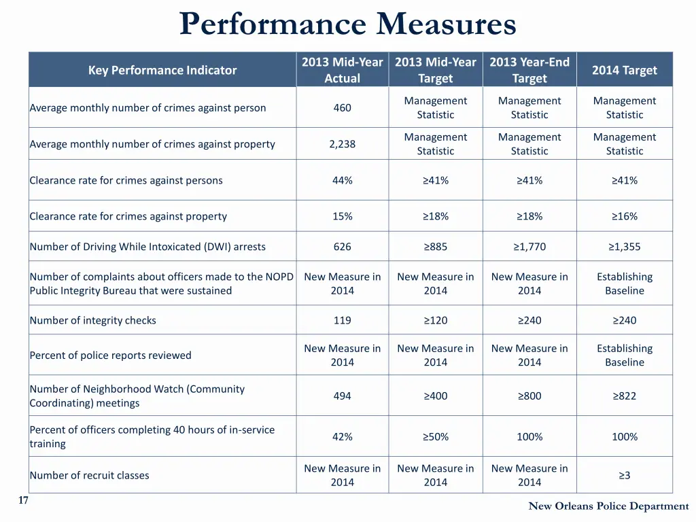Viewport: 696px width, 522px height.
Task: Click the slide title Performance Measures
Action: pos(348,25)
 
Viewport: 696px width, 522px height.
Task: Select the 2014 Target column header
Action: pos(624,70)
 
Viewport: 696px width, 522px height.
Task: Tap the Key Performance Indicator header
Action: pos(162,70)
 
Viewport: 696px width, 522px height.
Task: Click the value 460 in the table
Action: pos(342,107)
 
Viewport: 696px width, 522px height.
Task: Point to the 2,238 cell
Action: pos(342,144)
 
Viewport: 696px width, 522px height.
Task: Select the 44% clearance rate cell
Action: pos(342,180)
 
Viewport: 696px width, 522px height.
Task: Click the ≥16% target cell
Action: pos(624,216)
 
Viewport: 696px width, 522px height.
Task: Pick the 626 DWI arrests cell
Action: pos(342,247)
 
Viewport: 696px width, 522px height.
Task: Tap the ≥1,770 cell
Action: pos(529,247)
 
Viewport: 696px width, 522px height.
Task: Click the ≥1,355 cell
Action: pos(624,247)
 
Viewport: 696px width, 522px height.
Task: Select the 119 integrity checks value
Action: pos(342,320)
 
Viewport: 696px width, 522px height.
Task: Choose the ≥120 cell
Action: pos(435,320)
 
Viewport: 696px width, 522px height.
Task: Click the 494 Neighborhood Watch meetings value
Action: pos(342,396)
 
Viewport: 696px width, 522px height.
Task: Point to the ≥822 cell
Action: pos(624,396)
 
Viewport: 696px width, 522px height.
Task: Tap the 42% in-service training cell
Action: pos(342,436)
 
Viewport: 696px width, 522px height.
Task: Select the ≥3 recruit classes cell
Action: pos(624,475)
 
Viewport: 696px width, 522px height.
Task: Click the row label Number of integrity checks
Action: pos(93,320)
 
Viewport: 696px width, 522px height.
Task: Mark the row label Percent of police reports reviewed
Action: pos(111,355)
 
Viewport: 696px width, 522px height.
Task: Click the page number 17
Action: pos(23,501)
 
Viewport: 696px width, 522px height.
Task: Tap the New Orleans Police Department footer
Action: pos(608,506)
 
